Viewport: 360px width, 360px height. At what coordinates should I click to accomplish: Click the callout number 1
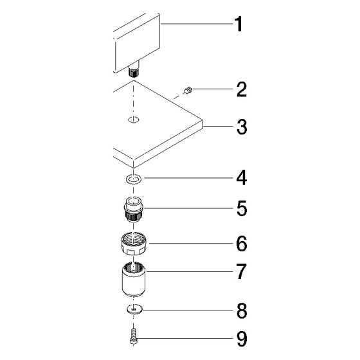click(239, 24)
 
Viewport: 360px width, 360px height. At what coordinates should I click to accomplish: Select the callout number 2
click(242, 89)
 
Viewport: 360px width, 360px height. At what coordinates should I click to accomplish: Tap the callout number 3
click(242, 127)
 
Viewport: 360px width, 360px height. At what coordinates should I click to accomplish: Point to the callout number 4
click(242, 177)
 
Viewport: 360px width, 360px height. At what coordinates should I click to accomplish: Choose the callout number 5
click(242, 208)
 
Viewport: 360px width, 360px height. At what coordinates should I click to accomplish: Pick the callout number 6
click(242, 244)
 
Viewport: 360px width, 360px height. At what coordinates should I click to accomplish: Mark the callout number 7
click(242, 271)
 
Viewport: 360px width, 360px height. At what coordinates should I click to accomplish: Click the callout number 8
click(242, 311)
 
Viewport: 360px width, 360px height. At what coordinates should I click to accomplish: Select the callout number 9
click(242, 339)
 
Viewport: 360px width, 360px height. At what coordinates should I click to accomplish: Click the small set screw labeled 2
click(188, 90)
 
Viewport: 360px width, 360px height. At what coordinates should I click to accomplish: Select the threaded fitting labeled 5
click(134, 209)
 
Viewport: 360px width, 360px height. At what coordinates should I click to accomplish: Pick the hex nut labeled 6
click(134, 244)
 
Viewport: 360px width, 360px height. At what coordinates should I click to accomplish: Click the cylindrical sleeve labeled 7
click(134, 280)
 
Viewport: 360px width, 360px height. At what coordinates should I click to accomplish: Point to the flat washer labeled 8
click(134, 309)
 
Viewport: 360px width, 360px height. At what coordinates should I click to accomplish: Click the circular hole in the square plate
click(134, 120)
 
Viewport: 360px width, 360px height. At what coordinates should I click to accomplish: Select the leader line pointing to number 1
click(197, 24)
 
